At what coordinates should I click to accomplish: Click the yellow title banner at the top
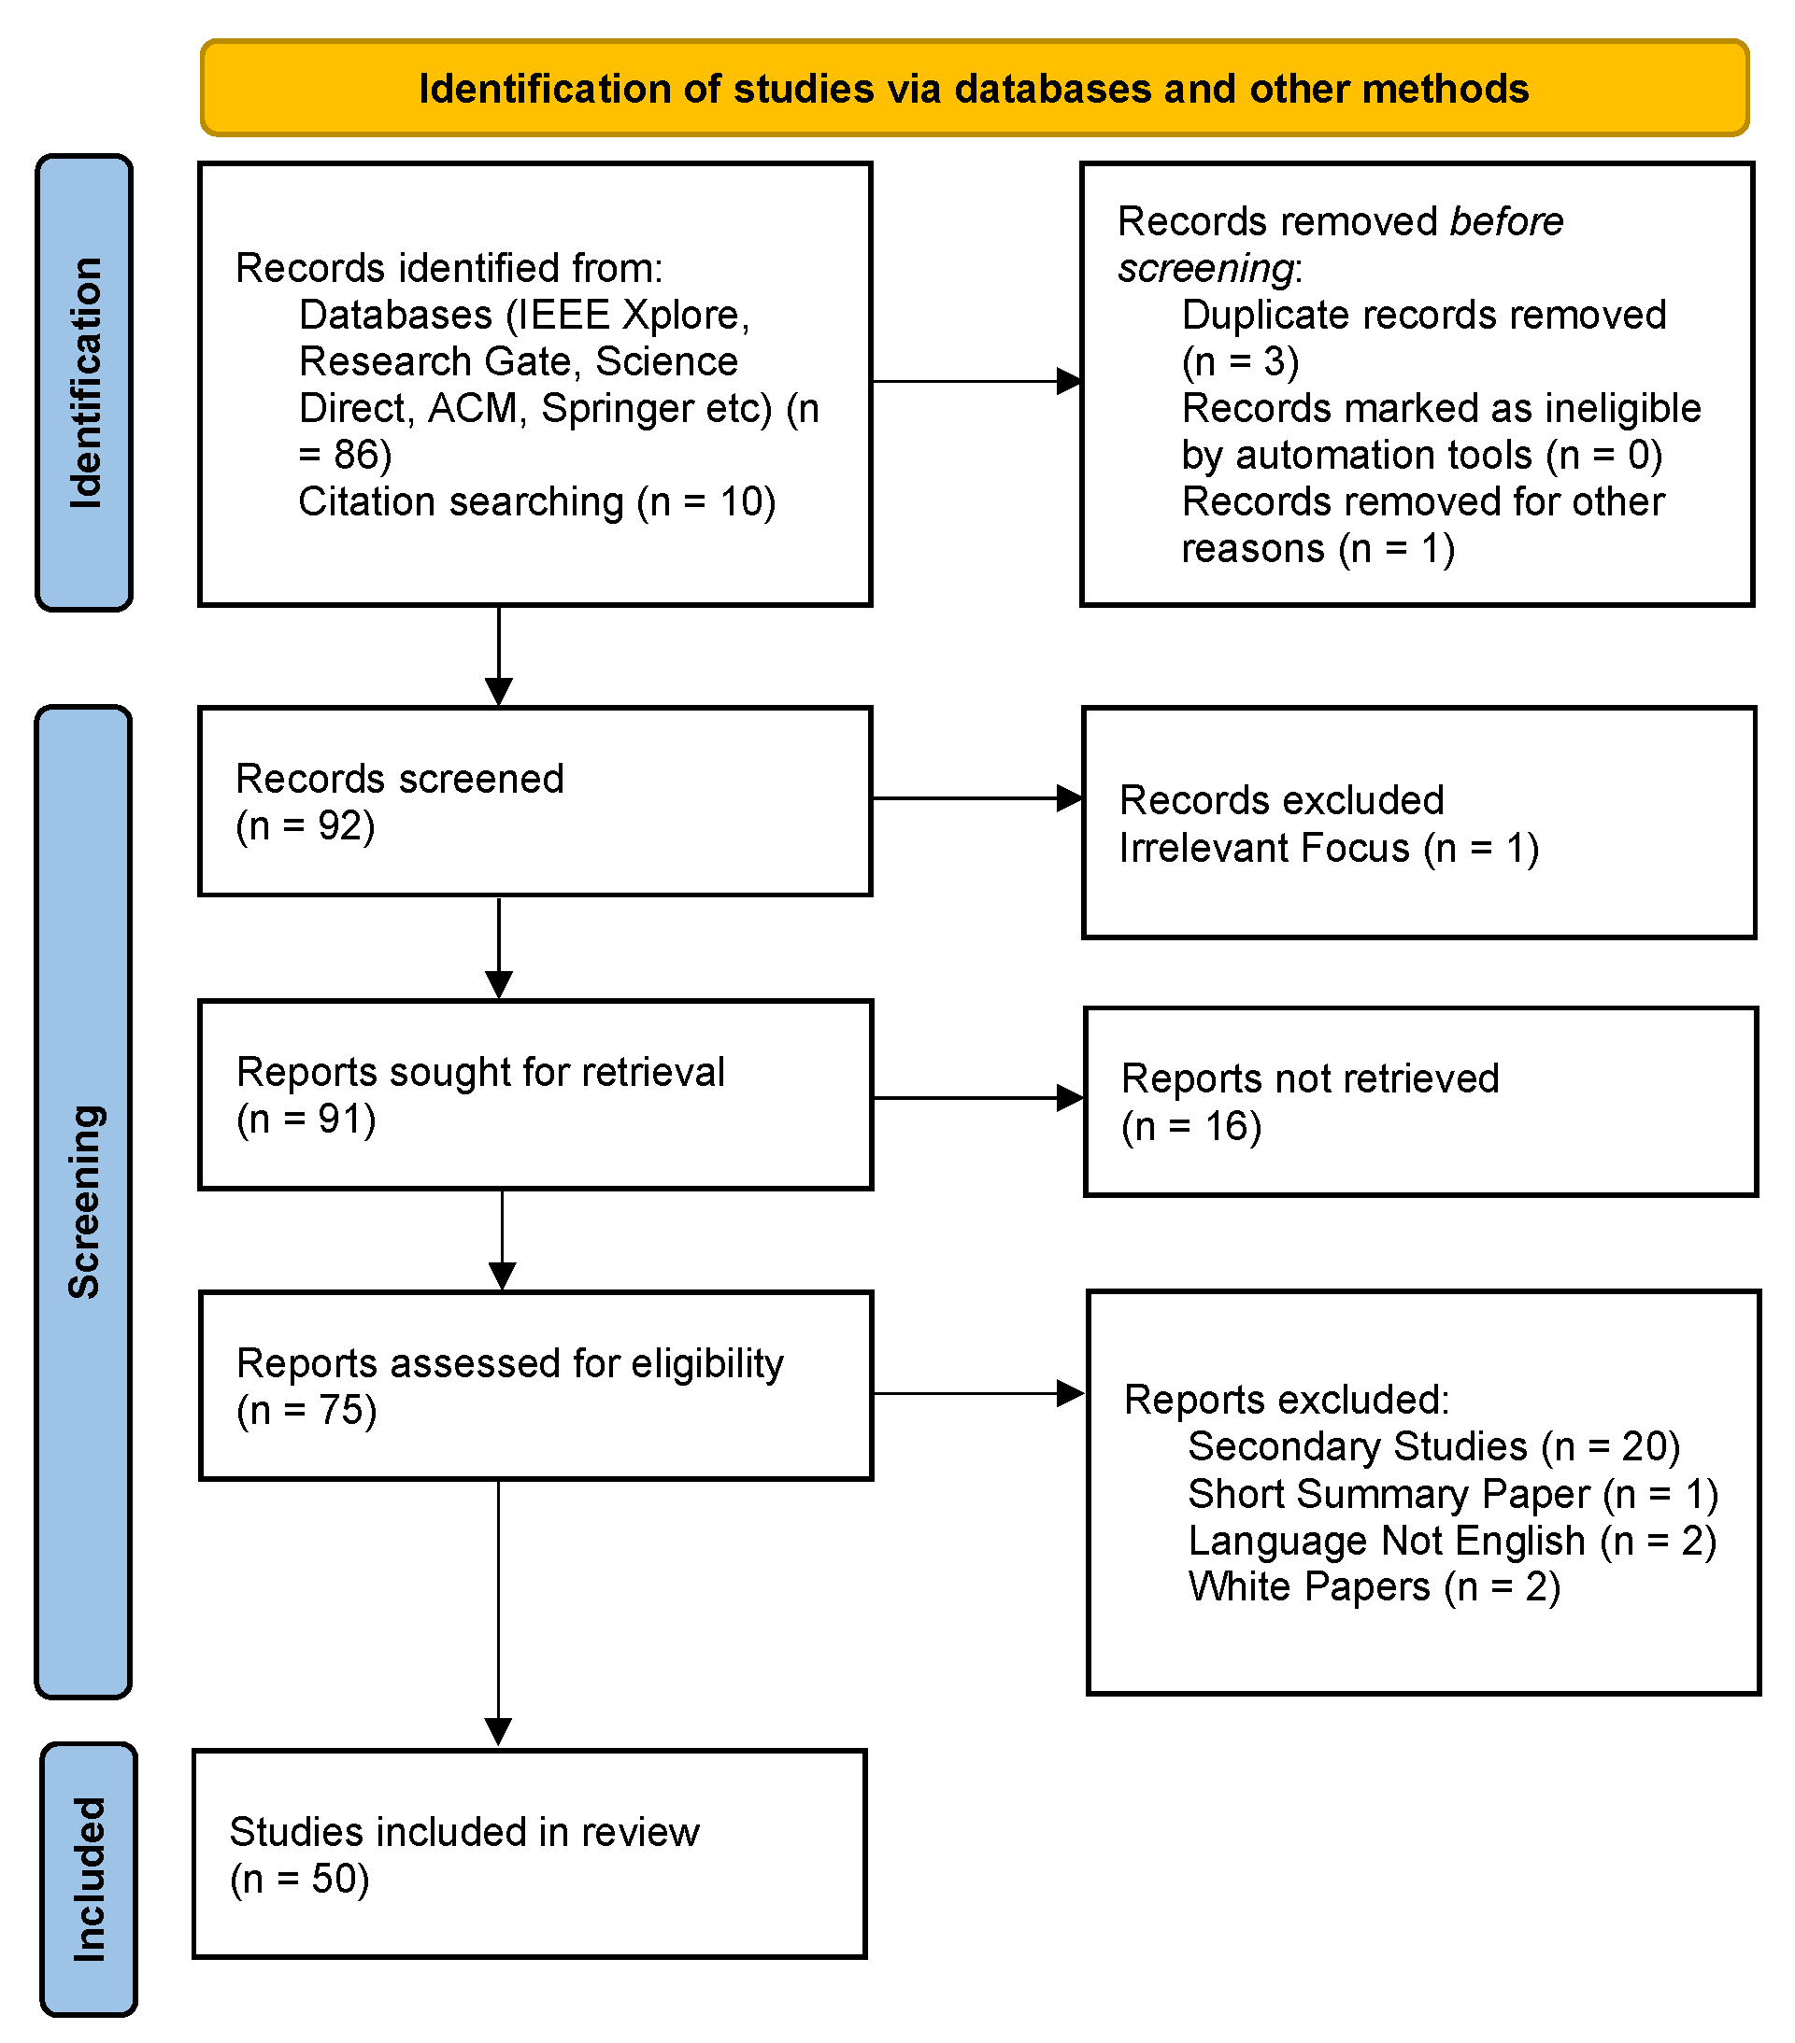[973, 88]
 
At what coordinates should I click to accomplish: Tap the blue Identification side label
[85, 383]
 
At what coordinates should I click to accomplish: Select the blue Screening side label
[84, 1202]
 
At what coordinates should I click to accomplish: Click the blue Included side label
[88, 1878]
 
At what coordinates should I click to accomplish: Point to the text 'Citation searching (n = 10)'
[537, 501]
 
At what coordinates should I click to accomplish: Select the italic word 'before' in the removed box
[1506, 221]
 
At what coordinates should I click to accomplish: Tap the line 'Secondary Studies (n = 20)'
[1433, 1446]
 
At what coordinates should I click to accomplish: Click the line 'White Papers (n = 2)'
[1373, 1586]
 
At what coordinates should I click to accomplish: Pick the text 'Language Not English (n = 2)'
[1451, 1541]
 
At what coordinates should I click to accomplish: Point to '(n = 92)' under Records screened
[305, 825]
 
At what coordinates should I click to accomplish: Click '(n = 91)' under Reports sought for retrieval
[306, 1119]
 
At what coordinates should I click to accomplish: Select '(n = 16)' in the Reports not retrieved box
[1191, 1126]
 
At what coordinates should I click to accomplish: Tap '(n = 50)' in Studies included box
[299, 1879]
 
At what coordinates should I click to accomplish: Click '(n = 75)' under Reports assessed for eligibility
[306, 1410]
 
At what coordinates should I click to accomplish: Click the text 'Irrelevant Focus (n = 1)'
[1328, 848]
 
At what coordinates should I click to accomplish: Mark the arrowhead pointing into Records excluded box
[1069, 798]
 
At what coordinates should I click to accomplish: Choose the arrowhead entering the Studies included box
[498, 1731]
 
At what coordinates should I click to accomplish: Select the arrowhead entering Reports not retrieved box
[1070, 1098]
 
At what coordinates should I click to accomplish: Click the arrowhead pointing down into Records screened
[498, 691]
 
